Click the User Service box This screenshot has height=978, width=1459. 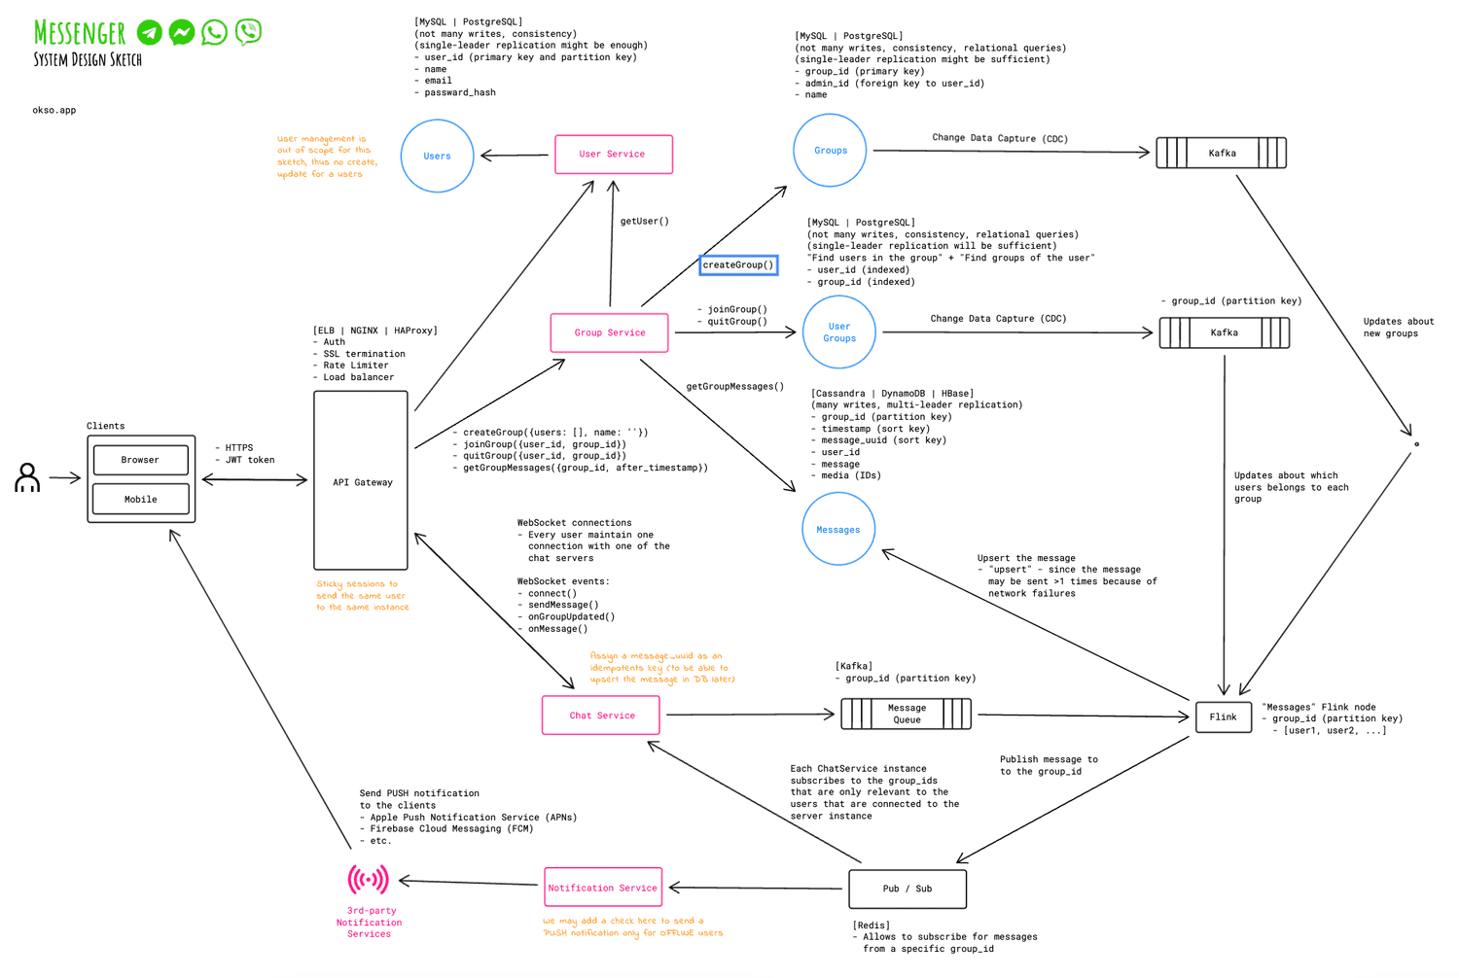[613, 155]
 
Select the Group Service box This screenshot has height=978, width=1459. [610, 332]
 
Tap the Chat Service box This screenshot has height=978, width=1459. [601, 716]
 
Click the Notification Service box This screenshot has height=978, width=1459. [603, 888]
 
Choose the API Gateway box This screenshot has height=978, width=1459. [361, 481]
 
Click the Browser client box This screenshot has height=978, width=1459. [141, 460]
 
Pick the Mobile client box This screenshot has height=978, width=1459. [141, 500]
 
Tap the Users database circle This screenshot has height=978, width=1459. [437, 156]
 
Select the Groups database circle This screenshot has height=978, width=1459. [830, 151]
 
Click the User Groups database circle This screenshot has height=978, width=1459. [838, 332]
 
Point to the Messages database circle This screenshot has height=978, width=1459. [837, 530]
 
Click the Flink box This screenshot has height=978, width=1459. [1223, 717]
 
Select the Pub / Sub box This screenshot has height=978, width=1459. [907, 889]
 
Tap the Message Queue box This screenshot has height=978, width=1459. [906, 715]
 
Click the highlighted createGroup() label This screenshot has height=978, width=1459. [738, 264]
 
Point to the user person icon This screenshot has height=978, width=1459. [27, 477]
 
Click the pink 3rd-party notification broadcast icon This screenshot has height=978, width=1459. [369, 880]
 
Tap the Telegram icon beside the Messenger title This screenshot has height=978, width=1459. [150, 32]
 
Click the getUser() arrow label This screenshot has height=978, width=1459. [644, 222]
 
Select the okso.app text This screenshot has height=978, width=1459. [53, 111]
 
